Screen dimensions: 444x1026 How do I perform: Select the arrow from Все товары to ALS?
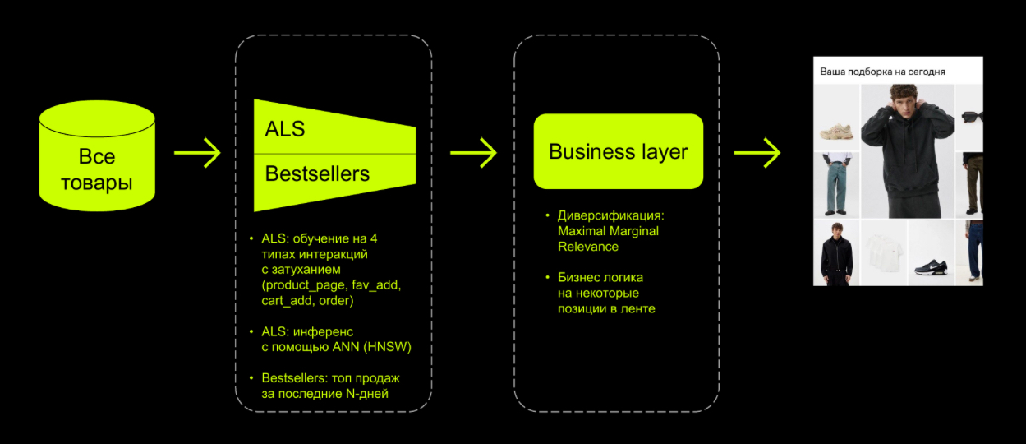click(197, 152)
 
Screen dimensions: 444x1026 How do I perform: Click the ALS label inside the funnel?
click(285, 129)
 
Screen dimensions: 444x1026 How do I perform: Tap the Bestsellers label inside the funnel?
click(317, 174)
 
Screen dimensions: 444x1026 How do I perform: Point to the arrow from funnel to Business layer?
click(473, 152)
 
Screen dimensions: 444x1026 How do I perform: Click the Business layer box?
click(618, 152)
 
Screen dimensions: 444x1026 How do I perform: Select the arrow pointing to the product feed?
click(757, 152)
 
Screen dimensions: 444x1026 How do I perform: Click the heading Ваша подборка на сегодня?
click(882, 72)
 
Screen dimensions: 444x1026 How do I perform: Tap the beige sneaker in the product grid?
click(836, 128)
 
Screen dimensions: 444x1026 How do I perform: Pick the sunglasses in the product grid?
click(972, 117)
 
